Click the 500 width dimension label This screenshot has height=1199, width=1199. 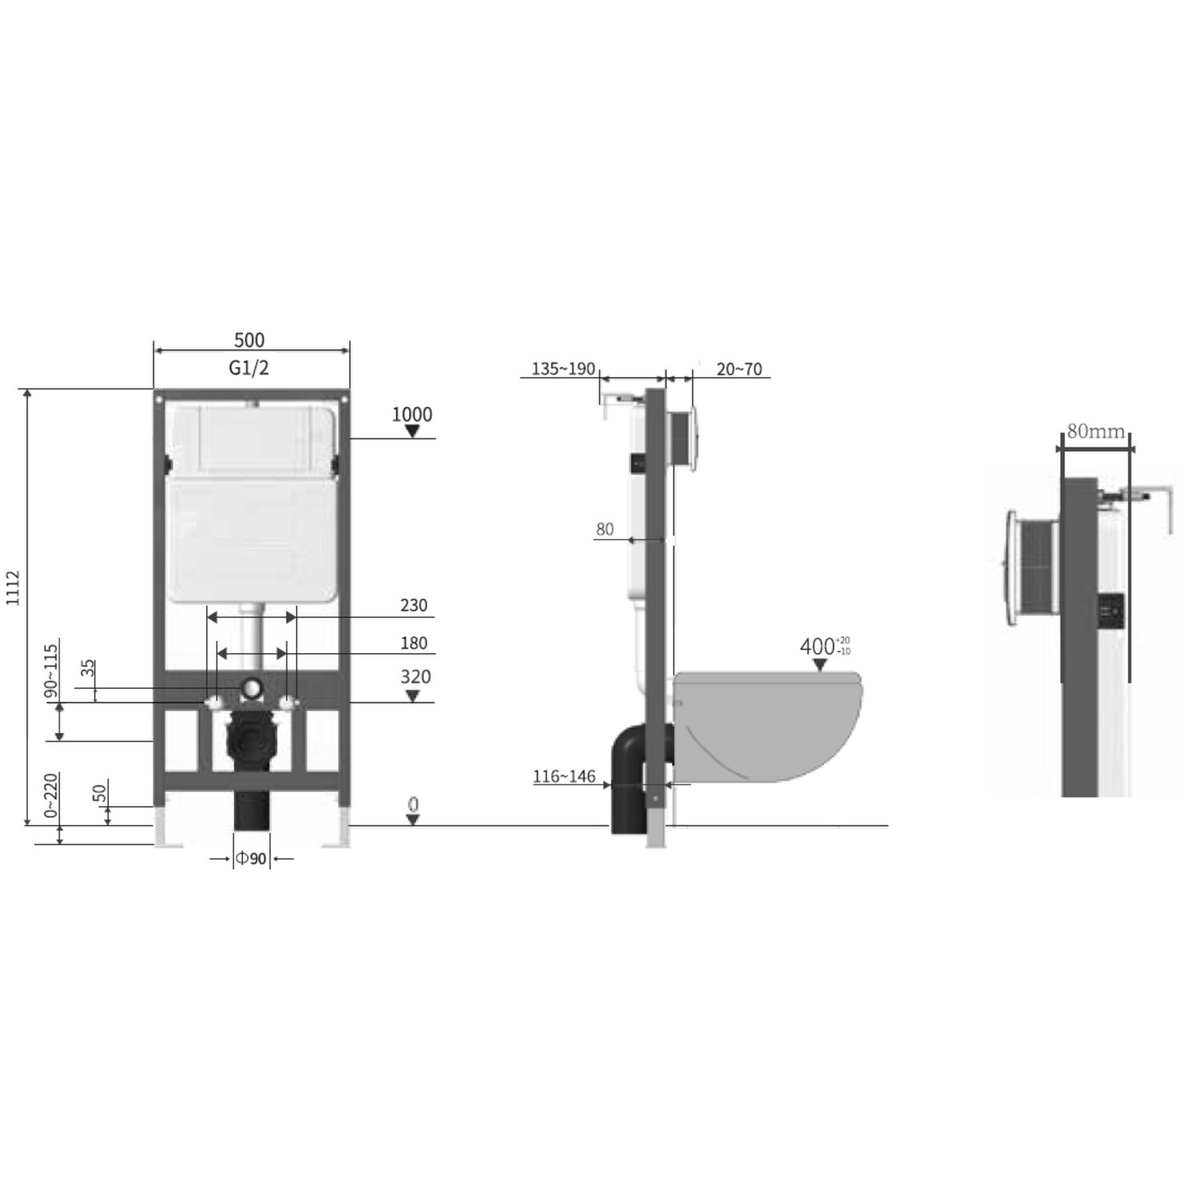(249, 340)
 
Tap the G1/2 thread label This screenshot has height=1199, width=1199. (249, 368)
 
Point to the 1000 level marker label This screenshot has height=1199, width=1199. (412, 414)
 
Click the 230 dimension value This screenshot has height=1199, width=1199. (414, 606)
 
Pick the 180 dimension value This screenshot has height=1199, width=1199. (414, 643)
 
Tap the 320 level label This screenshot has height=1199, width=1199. (416, 677)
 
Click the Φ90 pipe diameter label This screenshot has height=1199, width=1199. (250, 858)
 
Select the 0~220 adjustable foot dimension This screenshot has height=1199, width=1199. (51, 795)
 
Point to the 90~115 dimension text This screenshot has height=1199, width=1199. (51, 671)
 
